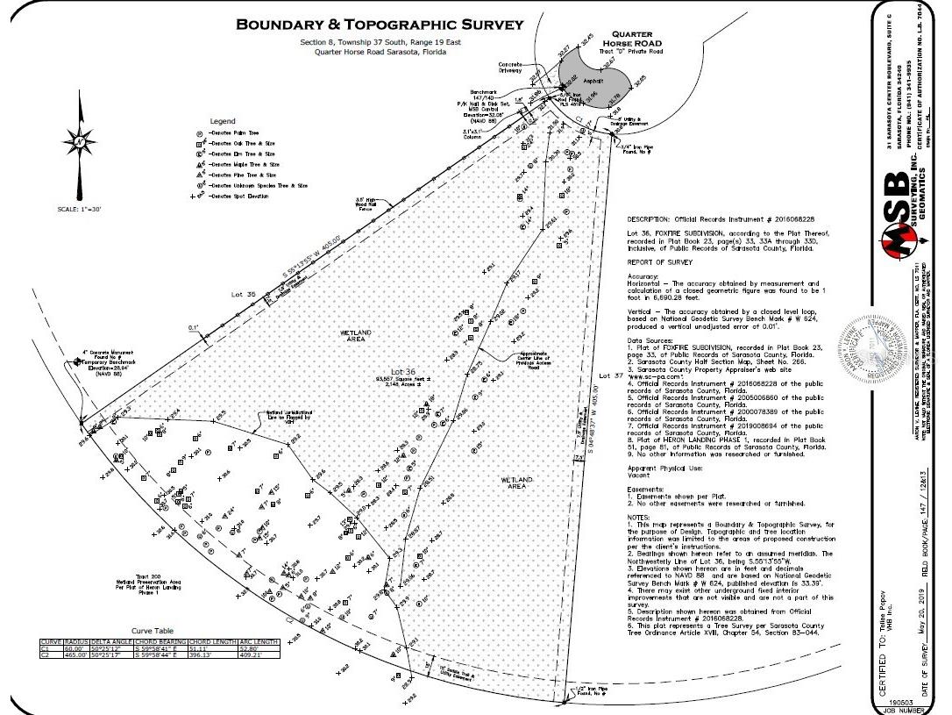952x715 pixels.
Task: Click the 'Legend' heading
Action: click(223, 121)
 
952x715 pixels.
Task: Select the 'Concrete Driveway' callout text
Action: click(512, 68)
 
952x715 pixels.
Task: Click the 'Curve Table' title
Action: click(153, 631)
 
